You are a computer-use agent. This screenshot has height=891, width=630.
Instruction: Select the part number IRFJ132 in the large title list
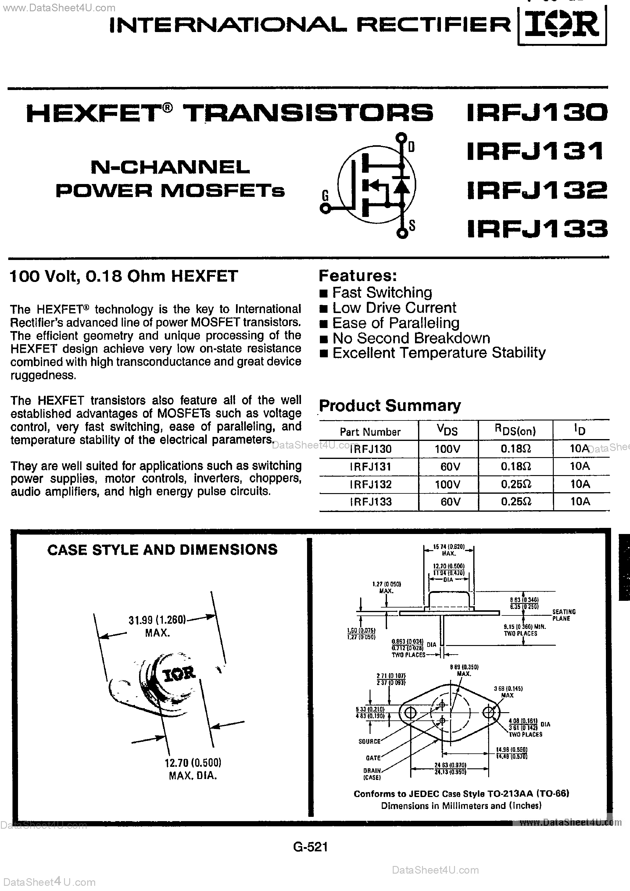(537, 190)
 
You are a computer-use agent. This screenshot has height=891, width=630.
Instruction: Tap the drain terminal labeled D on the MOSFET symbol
(402, 138)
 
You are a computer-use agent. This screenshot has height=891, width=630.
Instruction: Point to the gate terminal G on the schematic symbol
(325, 208)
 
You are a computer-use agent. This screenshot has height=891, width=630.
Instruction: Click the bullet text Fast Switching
(382, 292)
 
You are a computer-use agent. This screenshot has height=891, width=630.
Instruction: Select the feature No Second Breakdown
(411, 338)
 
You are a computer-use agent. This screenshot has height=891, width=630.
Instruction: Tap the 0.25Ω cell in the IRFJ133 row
(516, 502)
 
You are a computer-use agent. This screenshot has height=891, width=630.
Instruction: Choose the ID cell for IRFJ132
(580, 484)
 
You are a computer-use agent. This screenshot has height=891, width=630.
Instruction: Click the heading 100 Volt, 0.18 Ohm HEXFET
(123, 276)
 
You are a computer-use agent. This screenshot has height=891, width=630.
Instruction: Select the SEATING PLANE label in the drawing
(564, 615)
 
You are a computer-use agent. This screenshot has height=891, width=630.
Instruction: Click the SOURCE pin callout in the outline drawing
(369, 741)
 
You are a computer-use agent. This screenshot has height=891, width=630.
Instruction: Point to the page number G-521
(310, 846)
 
